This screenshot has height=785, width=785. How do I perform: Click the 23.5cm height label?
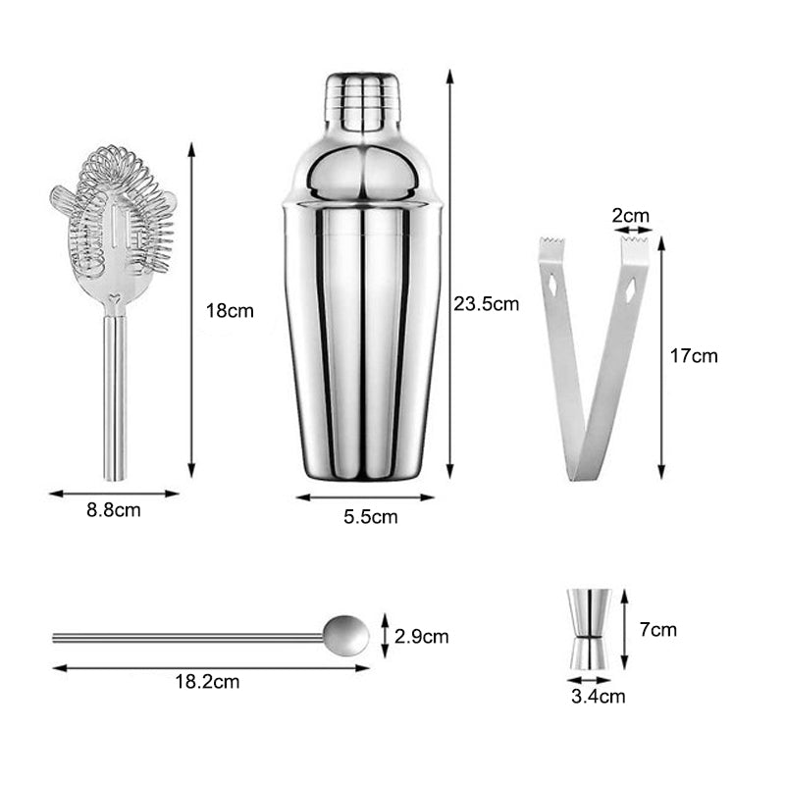point(486,304)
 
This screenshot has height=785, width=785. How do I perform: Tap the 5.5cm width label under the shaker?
point(371,517)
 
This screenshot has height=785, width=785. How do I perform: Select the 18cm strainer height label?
point(230,311)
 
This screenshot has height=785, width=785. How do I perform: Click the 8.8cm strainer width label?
point(115,511)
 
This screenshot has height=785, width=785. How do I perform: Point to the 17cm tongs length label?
point(693,356)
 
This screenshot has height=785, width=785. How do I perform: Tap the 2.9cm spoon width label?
point(422,637)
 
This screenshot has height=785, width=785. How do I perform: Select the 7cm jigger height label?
point(657,630)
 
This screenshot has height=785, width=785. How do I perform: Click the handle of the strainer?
point(116,392)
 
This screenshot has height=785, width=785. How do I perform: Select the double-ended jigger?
point(590,629)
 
